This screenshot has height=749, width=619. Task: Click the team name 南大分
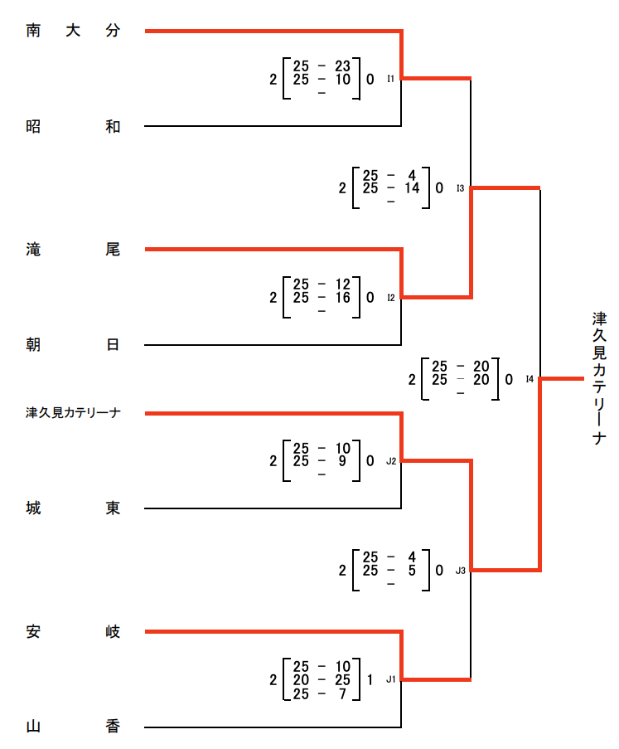(73, 32)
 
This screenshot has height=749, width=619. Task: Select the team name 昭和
(73, 126)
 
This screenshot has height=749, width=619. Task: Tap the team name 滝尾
(73, 250)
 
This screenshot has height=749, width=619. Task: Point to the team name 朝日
(73, 345)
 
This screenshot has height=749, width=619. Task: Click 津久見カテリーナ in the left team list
(73, 413)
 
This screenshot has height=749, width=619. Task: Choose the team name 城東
(73, 508)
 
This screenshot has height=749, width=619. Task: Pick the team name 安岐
(73, 632)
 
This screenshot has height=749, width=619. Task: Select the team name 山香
(73, 727)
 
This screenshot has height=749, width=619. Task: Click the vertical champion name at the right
(599, 378)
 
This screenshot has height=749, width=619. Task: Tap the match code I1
(391, 80)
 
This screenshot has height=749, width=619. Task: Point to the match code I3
(461, 188)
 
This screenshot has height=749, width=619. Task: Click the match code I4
(530, 380)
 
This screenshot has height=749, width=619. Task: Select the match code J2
(391, 462)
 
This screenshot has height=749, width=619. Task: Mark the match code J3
(461, 571)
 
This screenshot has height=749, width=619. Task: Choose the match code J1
(391, 679)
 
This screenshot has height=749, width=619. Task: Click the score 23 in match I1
(343, 66)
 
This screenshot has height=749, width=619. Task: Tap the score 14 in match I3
(412, 188)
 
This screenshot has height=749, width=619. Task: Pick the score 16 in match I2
(343, 297)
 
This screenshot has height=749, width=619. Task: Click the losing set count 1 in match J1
(370, 679)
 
